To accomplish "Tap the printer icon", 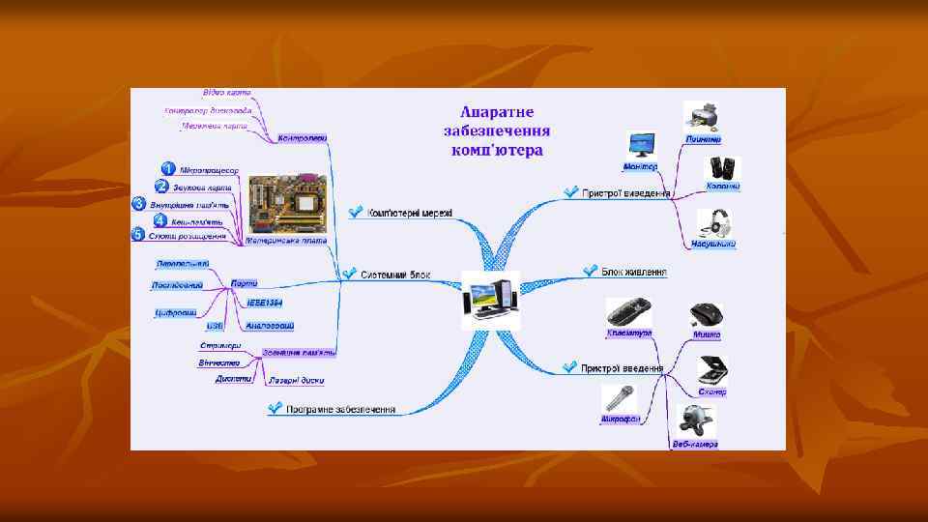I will pos(702,117).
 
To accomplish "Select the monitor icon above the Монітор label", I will pos(640,146).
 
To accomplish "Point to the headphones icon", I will pos(716,222).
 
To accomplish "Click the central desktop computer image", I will pos(490,299).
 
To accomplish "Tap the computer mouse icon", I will pos(705,315).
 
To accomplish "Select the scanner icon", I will pos(712,370).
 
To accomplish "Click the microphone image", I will pos(619,400).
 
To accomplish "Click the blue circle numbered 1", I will pos(167,170).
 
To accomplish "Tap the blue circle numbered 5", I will pos(137,235).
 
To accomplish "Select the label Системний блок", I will pos(396,275).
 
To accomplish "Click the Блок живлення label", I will pos(634,272).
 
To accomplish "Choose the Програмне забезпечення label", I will pos(341,409).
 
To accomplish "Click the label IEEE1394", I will pos(265,303).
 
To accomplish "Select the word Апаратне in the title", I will pos(497,112).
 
